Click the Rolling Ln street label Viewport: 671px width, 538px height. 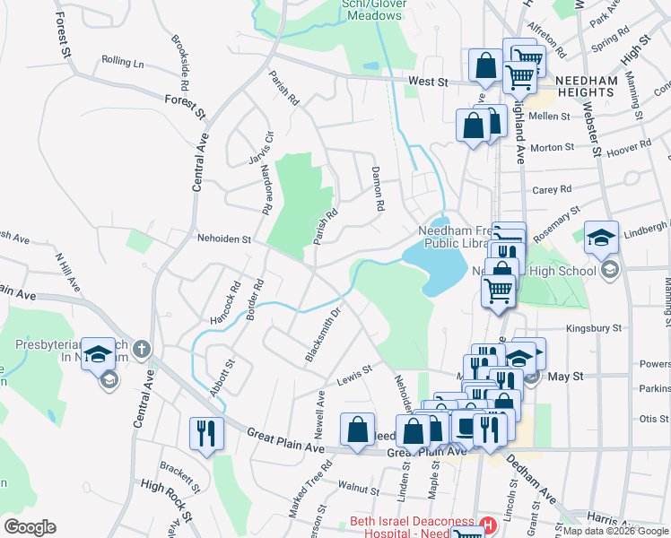(x=123, y=62)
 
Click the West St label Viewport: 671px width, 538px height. (x=428, y=82)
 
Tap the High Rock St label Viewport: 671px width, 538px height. (x=166, y=499)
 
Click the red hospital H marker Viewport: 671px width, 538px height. (x=489, y=524)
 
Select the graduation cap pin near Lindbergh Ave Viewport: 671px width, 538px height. (x=601, y=237)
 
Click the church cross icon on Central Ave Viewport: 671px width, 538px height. (x=143, y=349)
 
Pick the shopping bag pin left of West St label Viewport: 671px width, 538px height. (x=484, y=65)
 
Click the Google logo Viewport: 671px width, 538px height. (x=30, y=527)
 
